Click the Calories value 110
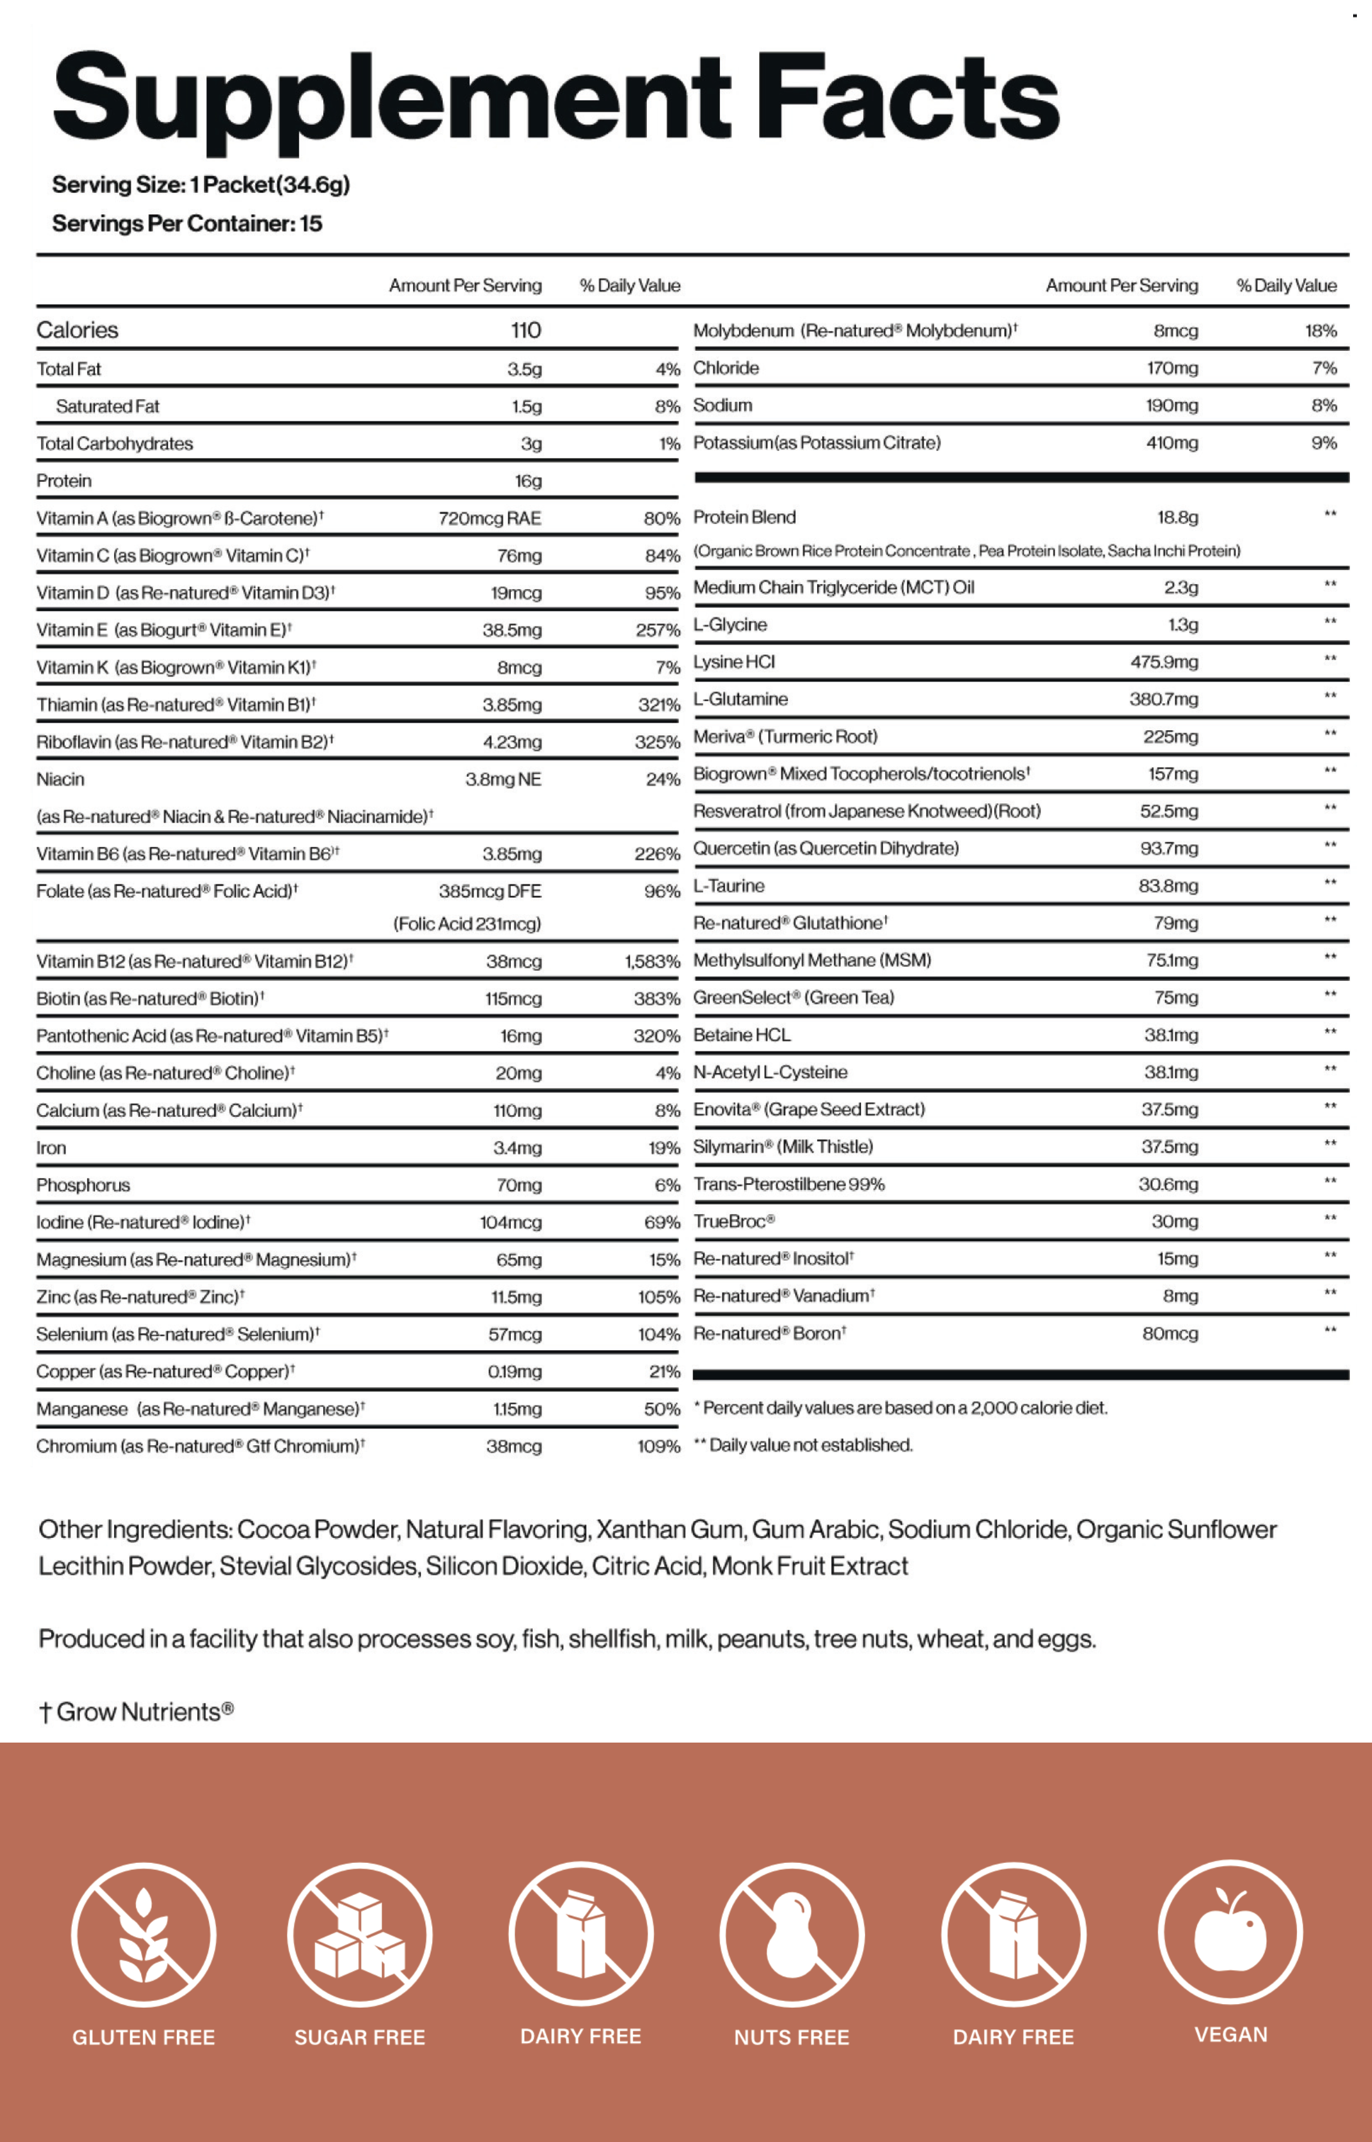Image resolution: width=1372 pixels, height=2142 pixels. click(x=525, y=331)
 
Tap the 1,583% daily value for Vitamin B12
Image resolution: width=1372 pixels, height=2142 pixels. click(x=652, y=961)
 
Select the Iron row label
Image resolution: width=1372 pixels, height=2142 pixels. click(x=51, y=1148)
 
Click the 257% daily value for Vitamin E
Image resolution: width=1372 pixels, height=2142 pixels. click(x=658, y=631)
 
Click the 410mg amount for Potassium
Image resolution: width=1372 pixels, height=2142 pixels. click(x=1172, y=443)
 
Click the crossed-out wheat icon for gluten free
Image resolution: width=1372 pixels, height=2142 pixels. click(x=144, y=1934)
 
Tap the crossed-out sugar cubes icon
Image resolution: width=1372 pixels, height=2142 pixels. click(x=360, y=1934)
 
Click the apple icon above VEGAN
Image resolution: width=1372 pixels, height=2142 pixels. click(x=1230, y=1932)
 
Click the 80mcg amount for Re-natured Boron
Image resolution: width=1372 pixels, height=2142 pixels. click(x=1170, y=1334)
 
